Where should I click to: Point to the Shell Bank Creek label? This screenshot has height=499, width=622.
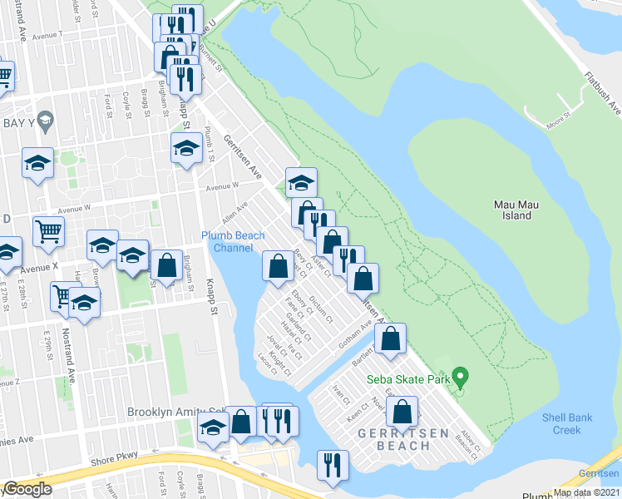tap(566, 423)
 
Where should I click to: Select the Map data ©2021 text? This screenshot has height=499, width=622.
tap(585, 492)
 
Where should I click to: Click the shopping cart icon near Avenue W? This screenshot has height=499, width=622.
tap(49, 232)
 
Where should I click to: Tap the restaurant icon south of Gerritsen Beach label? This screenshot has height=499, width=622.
tap(333, 465)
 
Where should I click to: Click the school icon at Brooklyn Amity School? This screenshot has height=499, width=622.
tap(214, 428)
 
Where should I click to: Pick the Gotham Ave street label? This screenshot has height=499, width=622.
tap(353, 342)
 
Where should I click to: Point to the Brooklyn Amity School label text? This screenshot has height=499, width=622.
tap(175, 412)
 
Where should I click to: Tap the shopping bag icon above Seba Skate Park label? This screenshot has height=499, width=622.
tap(389, 338)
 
